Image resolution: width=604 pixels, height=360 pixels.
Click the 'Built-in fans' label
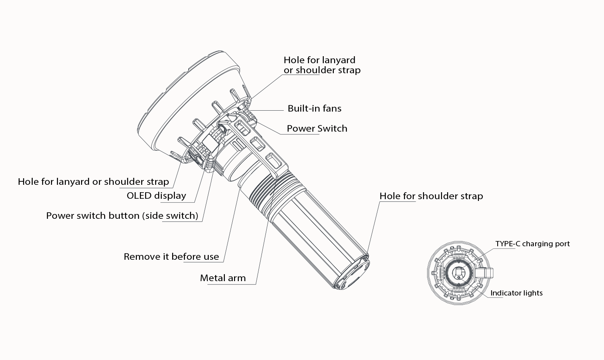pyautogui.click(x=314, y=109)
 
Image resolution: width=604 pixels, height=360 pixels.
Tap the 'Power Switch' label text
pyautogui.click(x=317, y=129)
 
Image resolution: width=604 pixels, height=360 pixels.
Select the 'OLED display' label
pyautogui.click(x=156, y=196)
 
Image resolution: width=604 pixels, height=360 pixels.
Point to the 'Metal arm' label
pyautogui.click(x=223, y=278)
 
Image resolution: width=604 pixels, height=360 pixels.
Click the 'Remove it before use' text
pyautogui.click(x=171, y=257)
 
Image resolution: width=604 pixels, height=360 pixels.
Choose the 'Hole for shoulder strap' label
pyautogui.click(x=431, y=196)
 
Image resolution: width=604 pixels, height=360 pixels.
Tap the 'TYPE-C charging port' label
pyautogui.click(x=532, y=244)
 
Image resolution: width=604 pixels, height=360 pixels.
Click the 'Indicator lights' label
pyautogui.click(x=516, y=293)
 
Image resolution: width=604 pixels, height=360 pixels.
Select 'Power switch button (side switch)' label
pyautogui.click(x=122, y=216)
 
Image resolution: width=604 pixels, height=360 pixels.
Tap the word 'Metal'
pyautogui.click(x=211, y=278)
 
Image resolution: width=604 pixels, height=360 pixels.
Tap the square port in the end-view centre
pyautogui.click(x=458, y=273)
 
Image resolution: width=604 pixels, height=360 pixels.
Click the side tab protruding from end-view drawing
pyautogui.click(x=486, y=273)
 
